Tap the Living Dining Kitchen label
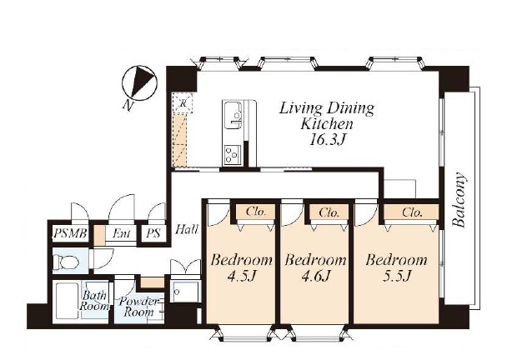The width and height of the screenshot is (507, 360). tap(327, 116)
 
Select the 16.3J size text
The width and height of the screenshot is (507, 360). tap(327, 139)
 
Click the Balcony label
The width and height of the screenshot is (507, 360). tap(459, 200)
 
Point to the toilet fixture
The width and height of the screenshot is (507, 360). tap(66, 261)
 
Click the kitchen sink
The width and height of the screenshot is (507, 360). tap(233, 115)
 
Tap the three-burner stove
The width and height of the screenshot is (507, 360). tap(233, 154)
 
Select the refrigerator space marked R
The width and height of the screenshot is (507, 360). tap(183, 103)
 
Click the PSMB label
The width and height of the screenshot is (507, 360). tap(70, 233)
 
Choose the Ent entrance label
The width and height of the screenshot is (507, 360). tap(121, 233)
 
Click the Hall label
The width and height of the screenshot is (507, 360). tap(187, 229)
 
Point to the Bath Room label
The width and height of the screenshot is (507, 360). tap(94, 300)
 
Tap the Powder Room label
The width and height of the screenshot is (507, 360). tap(138, 307)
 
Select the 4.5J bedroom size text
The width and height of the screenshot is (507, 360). tap(242, 276)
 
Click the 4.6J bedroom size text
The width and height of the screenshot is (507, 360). tap(315, 276)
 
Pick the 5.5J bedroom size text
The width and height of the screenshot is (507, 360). tap(396, 276)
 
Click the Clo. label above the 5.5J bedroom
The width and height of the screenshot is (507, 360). tap(412, 212)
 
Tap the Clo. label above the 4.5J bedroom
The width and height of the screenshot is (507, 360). tap(256, 212)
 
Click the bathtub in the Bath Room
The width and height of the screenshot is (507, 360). tap(67, 301)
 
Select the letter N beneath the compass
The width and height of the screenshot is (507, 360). tap(128, 105)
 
